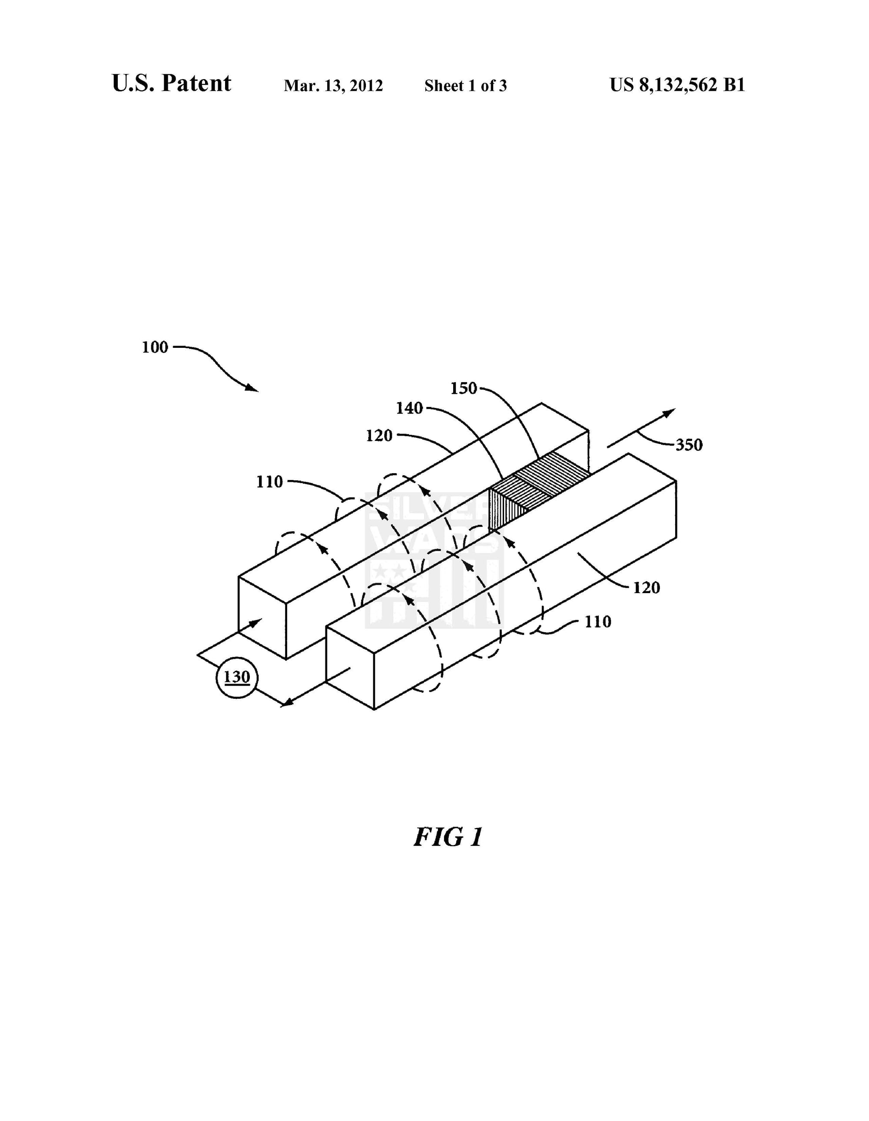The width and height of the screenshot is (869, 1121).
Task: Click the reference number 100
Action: pos(155,347)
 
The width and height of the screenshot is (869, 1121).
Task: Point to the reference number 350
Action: pos(688,444)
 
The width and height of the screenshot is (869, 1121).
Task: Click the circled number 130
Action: pos(236,677)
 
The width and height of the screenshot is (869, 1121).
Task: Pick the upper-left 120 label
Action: pos(379,436)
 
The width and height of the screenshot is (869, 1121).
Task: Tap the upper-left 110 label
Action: pos(270,481)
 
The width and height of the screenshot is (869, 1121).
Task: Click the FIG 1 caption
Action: pos(448,837)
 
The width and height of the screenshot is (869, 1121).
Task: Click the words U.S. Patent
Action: pos(171,83)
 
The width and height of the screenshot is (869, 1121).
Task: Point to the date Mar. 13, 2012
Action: pos(333,85)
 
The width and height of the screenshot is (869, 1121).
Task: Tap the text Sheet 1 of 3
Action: pos(465,85)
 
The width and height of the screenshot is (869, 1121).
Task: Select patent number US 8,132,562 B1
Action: pos(677,85)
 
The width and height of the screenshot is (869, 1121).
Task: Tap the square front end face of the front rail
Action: pos(350,668)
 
